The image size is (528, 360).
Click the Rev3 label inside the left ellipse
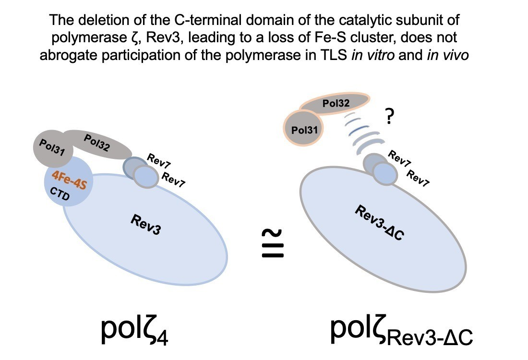145,225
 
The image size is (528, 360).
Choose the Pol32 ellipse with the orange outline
336,102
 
